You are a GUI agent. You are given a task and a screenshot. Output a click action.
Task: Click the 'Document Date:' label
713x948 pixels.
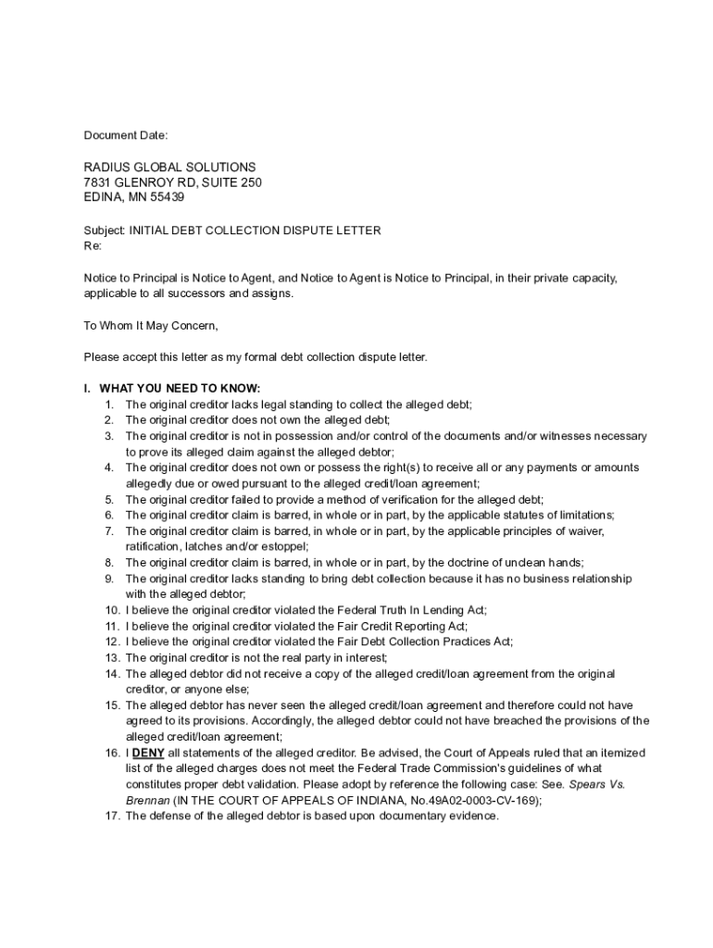(x=126, y=136)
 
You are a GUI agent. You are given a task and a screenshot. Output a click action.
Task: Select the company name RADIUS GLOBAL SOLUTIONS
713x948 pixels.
(x=169, y=168)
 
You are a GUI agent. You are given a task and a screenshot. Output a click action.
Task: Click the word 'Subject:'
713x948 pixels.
(x=105, y=231)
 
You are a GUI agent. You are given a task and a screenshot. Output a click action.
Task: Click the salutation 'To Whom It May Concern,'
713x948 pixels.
(x=151, y=325)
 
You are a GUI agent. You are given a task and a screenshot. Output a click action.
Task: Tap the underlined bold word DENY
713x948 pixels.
(x=148, y=753)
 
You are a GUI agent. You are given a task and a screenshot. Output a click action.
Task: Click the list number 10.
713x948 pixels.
(x=111, y=610)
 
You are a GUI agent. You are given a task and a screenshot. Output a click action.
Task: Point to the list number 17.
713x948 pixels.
(x=111, y=816)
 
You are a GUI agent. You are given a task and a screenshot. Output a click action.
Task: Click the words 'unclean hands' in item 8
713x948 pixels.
(x=545, y=563)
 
